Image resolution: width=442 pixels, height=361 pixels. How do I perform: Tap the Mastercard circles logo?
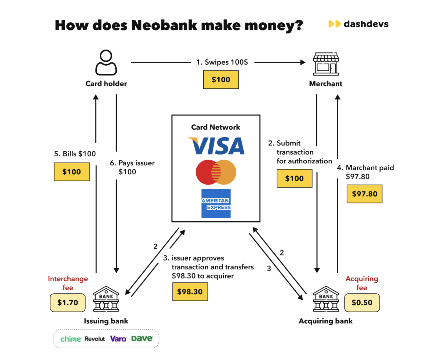tap(216, 172)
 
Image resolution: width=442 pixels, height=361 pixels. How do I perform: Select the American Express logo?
tap(216, 203)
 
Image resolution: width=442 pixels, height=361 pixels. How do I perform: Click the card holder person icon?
tap(106, 63)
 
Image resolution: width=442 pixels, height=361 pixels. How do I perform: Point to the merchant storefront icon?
tap(326, 64)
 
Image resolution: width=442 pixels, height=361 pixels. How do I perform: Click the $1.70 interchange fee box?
tap(68, 302)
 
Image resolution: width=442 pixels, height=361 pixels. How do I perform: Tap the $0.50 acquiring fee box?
tap(362, 302)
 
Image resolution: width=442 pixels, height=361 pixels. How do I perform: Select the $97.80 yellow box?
tap(364, 194)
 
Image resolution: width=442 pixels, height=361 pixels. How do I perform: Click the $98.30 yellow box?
tap(190, 292)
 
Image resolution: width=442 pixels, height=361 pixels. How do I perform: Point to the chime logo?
tap(71, 339)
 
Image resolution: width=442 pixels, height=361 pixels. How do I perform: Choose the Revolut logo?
tap(95, 339)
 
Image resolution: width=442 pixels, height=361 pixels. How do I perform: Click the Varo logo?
tap(118, 339)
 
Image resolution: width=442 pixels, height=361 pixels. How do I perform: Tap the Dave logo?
tap(142, 339)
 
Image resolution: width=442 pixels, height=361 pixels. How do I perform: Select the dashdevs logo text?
tap(366, 24)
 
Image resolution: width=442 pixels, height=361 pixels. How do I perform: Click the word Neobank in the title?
tap(165, 25)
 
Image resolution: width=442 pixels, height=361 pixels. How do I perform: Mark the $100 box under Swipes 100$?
tap(221, 80)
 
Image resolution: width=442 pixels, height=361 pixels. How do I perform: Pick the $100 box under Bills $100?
tap(71, 172)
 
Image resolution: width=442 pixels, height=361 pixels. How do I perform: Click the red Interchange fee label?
tap(68, 283)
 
